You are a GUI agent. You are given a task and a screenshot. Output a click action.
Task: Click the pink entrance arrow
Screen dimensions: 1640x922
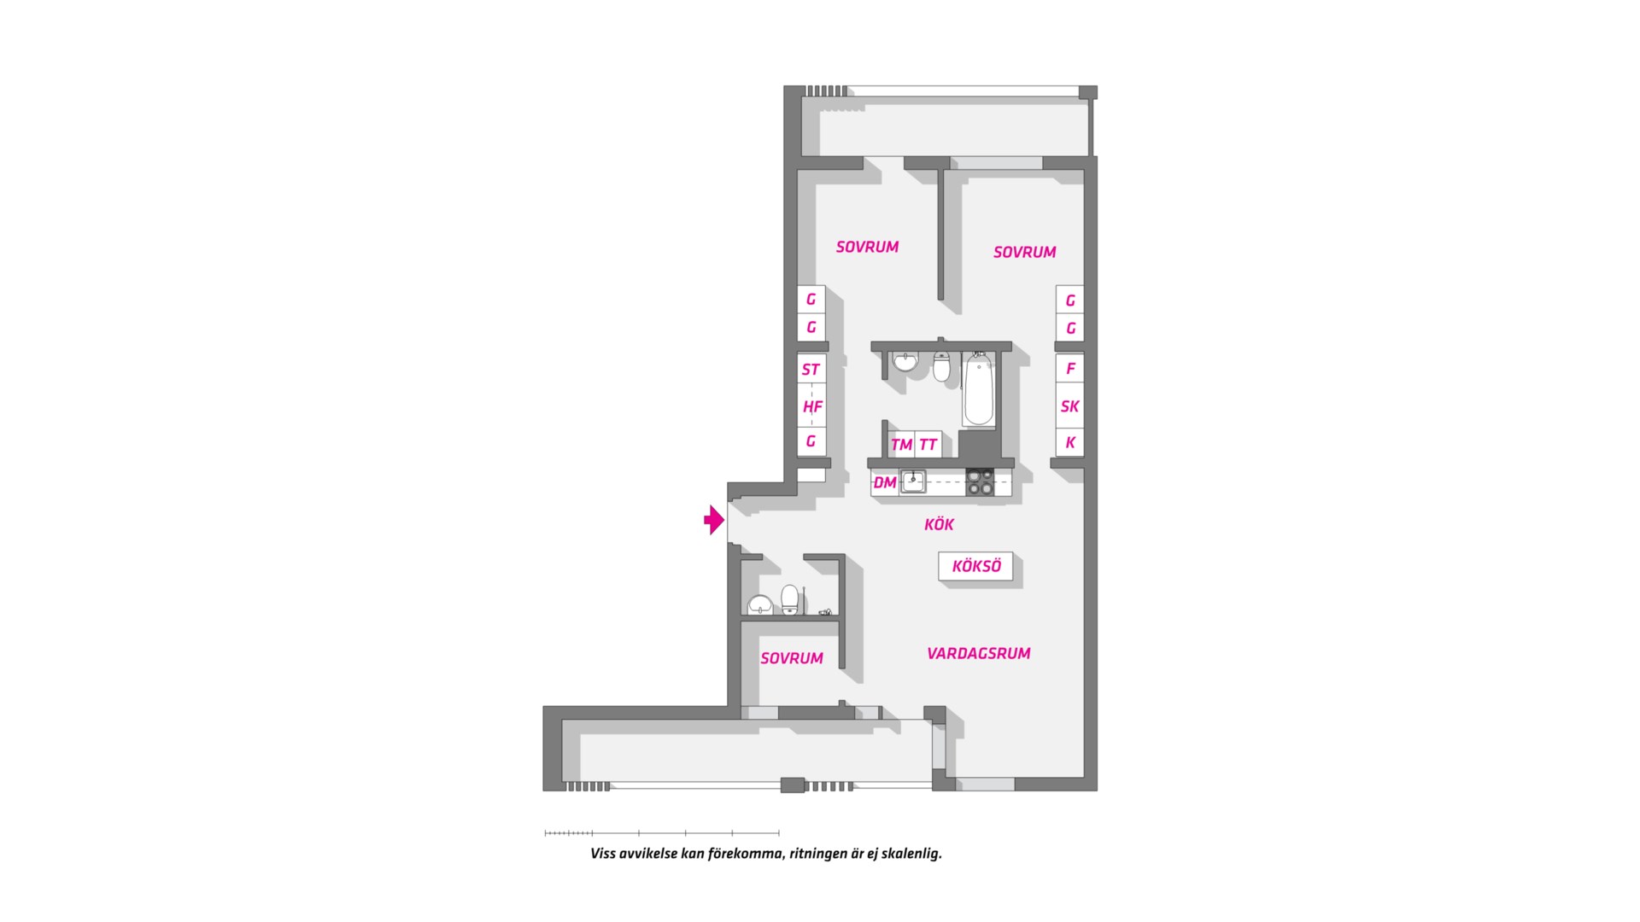click(x=714, y=520)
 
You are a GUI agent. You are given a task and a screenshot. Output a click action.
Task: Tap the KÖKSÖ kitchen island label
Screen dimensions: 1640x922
click(x=976, y=566)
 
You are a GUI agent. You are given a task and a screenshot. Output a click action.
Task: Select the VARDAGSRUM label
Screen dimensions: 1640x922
click(x=979, y=653)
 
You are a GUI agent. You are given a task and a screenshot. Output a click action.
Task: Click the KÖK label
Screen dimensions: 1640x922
click(x=939, y=524)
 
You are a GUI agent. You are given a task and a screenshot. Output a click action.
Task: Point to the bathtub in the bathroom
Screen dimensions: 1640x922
click(x=979, y=393)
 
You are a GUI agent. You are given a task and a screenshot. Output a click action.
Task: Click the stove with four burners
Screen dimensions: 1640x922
click(x=980, y=482)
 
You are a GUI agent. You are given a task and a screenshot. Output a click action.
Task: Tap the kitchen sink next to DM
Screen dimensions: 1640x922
click(x=913, y=481)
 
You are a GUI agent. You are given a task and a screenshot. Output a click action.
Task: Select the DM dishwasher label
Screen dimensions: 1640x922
click(x=885, y=482)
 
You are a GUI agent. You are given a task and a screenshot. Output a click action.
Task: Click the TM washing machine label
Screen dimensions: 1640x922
click(x=901, y=445)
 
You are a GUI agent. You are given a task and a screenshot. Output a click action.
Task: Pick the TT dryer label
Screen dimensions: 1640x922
click(x=928, y=445)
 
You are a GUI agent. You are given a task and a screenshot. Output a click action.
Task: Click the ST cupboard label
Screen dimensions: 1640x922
click(x=811, y=370)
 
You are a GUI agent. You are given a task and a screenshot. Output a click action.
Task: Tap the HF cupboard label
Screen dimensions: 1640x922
click(x=812, y=407)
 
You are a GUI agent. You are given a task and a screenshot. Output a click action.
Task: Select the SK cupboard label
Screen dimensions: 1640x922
click(x=1069, y=406)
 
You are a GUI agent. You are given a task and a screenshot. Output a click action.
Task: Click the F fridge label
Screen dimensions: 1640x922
click(x=1070, y=369)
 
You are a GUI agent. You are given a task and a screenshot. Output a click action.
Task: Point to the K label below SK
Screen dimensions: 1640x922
click(x=1070, y=443)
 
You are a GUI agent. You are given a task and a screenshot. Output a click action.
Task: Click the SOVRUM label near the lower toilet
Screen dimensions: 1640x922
click(x=792, y=658)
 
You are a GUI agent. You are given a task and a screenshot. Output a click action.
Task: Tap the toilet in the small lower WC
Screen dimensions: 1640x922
click(x=790, y=599)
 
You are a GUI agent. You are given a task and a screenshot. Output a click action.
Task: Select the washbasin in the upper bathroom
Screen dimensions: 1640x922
click(x=905, y=362)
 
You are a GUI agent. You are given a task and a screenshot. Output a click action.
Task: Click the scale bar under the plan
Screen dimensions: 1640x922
click(x=662, y=832)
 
